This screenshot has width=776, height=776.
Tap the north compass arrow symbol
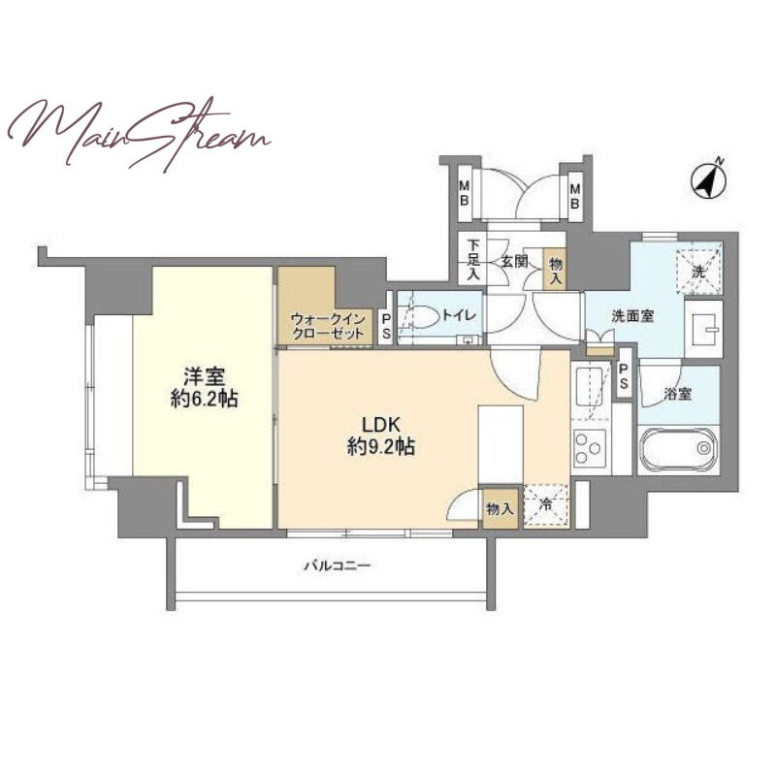pos(709,178)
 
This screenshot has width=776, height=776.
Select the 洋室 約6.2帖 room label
pos(204,387)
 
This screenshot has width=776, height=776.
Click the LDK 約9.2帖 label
pos(380,436)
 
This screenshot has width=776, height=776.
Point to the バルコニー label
pos(337,565)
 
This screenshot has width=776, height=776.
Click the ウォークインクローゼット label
pos(328,326)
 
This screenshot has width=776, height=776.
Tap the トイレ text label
pos(459,316)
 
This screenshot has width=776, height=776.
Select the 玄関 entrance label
pos(515,261)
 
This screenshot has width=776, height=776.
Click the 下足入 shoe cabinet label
pos(473,260)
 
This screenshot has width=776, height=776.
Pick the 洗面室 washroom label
pos(632,316)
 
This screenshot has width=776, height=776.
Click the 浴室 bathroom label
pos(677,395)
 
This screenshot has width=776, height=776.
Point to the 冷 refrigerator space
pos(546,504)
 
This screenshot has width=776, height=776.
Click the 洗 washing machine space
pos(698,270)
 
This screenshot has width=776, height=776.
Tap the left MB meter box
pos(465,193)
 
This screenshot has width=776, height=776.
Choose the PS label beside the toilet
pos(386,325)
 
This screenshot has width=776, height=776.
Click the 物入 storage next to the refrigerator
pos(501,508)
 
